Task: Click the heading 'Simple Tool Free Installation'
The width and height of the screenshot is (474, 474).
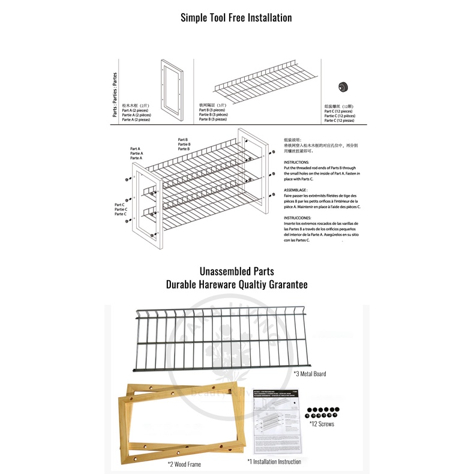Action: [x=236, y=17]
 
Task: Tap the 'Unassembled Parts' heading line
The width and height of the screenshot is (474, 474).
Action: [x=236, y=272]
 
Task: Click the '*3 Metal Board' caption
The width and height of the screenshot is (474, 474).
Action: [x=310, y=374]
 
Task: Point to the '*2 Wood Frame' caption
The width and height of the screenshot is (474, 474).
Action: [x=184, y=464]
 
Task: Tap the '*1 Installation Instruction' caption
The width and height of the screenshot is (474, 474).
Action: [x=274, y=461]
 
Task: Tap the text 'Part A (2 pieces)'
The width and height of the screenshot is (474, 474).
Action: [x=136, y=110]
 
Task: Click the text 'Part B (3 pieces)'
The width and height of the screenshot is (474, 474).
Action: [x=212, y=110]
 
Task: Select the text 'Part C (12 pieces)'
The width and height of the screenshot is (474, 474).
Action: [x=340, y=111]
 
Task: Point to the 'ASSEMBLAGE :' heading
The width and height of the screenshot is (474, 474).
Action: [x=296, y=190]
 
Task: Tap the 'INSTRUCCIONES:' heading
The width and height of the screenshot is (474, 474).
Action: [x=297, y=218]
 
